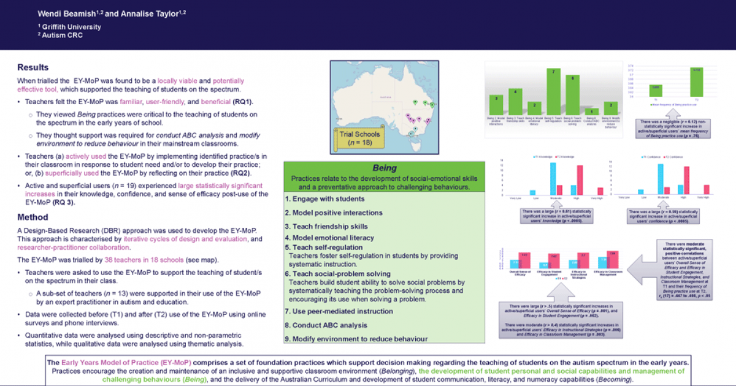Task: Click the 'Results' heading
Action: pyautogui.click(x=33, y=67)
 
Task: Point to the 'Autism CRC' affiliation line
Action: pyautogui.click(x=62, y=36)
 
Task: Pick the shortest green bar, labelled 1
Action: pyautogui.click(x=591, y=112)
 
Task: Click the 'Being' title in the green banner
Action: pyautogui.click(x=385, y=168)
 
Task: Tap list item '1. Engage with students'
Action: pyautogui.click(x=325, y=199)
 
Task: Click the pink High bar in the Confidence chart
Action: pyautogui.click(x=687, y=181)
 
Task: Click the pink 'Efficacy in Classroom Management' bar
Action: pyautogui.click(x=611, y=261)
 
